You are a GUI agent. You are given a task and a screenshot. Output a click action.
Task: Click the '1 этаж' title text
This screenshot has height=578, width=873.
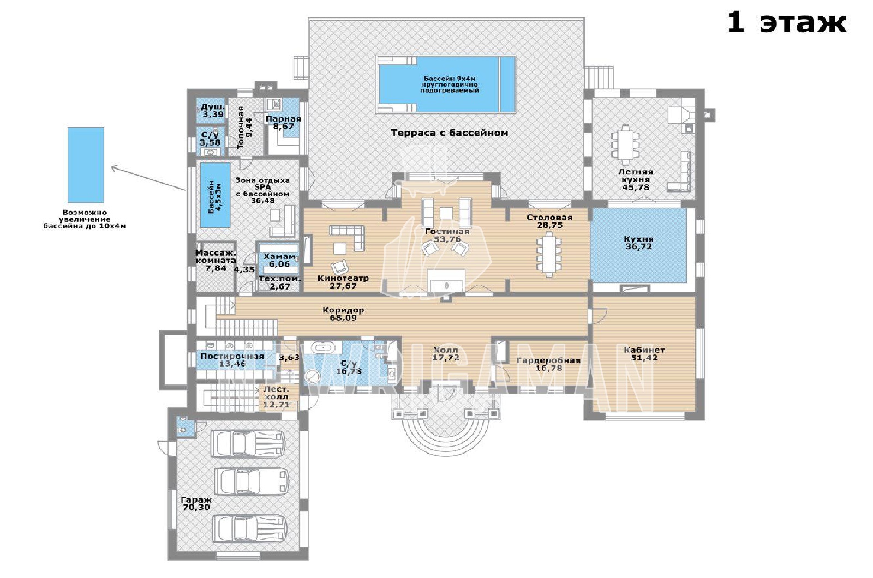tap(787, 23)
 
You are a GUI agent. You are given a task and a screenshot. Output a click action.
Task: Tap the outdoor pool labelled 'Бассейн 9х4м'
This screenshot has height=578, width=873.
tap(447, 84)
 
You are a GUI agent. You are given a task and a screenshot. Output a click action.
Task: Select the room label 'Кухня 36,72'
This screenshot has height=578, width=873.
tap(638, 243)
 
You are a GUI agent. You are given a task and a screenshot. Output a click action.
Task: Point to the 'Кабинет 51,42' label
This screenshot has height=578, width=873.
tap(644, 354)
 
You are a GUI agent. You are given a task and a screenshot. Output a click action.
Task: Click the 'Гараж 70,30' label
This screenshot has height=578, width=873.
tap(196, 503)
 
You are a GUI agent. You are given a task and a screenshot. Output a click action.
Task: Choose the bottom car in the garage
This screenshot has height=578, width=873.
tap(249, 528)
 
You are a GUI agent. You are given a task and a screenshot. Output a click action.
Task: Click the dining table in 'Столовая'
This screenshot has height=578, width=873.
tap(549, 254)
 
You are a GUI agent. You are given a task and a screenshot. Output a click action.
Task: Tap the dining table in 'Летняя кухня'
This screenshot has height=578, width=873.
tap(625, 144)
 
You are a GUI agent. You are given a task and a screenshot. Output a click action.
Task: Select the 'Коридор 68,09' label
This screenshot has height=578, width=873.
tap(343, 314)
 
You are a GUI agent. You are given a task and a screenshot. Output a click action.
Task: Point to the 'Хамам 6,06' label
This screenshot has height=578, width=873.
tap(279, 260)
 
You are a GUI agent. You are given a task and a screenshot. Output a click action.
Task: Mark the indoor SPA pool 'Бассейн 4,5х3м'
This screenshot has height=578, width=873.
tap(215, 195)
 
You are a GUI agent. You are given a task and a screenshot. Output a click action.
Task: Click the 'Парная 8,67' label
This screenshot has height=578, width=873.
tap(283, 123)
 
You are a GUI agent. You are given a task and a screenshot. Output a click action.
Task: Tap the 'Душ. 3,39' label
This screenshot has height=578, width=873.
tap(213, 111)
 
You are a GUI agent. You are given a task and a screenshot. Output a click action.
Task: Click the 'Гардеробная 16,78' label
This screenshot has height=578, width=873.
tap(548, 364)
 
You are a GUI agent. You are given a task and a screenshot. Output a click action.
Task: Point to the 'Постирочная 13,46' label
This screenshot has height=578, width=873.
tap(232, 360)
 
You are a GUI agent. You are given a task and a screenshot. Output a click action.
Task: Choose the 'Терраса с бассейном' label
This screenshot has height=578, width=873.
tap(450, 133)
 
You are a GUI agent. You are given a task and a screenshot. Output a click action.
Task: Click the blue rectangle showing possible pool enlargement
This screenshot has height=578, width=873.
tap(86, 165)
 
